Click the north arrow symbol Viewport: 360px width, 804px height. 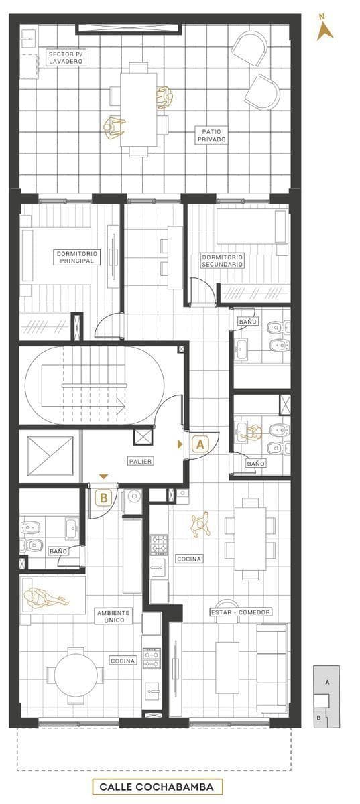point(324,29)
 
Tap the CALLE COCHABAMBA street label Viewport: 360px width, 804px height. point(157,787)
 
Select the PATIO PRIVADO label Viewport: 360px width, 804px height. point(211,135)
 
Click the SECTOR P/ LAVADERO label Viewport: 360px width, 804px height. point(66,58)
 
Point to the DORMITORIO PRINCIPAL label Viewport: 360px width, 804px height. point(77,257)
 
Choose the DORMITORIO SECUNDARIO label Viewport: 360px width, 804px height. point(223,261)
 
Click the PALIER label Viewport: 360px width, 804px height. point(141,461)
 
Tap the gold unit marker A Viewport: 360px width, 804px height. point(200,444)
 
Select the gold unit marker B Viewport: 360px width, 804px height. point(103,498)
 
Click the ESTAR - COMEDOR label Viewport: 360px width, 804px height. point(241,612)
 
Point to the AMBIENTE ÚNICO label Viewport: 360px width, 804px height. point(114,616)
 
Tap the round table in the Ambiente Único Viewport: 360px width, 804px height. point(76,671)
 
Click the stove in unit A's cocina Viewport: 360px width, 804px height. point(159,545)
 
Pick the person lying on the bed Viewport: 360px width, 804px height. point(45,598)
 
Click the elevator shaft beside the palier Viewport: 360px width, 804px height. point(50,456)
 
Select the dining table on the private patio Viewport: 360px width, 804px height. point(138,110)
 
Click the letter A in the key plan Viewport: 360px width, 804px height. point(327,683)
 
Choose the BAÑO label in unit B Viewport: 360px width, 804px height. point(58,551)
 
